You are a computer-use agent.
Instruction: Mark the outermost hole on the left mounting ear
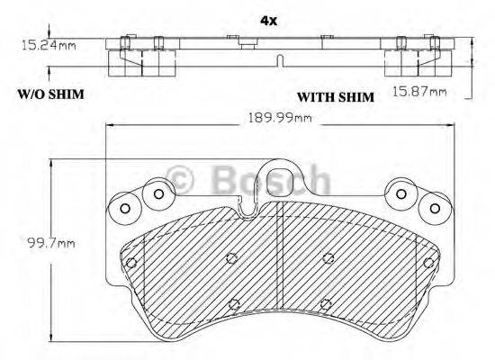pos(125,209)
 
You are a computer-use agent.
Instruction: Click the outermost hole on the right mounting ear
pos(436,209)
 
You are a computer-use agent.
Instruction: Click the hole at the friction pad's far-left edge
pos(131,263)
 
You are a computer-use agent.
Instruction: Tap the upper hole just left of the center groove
pos(231,258)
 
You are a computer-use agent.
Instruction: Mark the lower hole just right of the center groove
pos(328,303)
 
